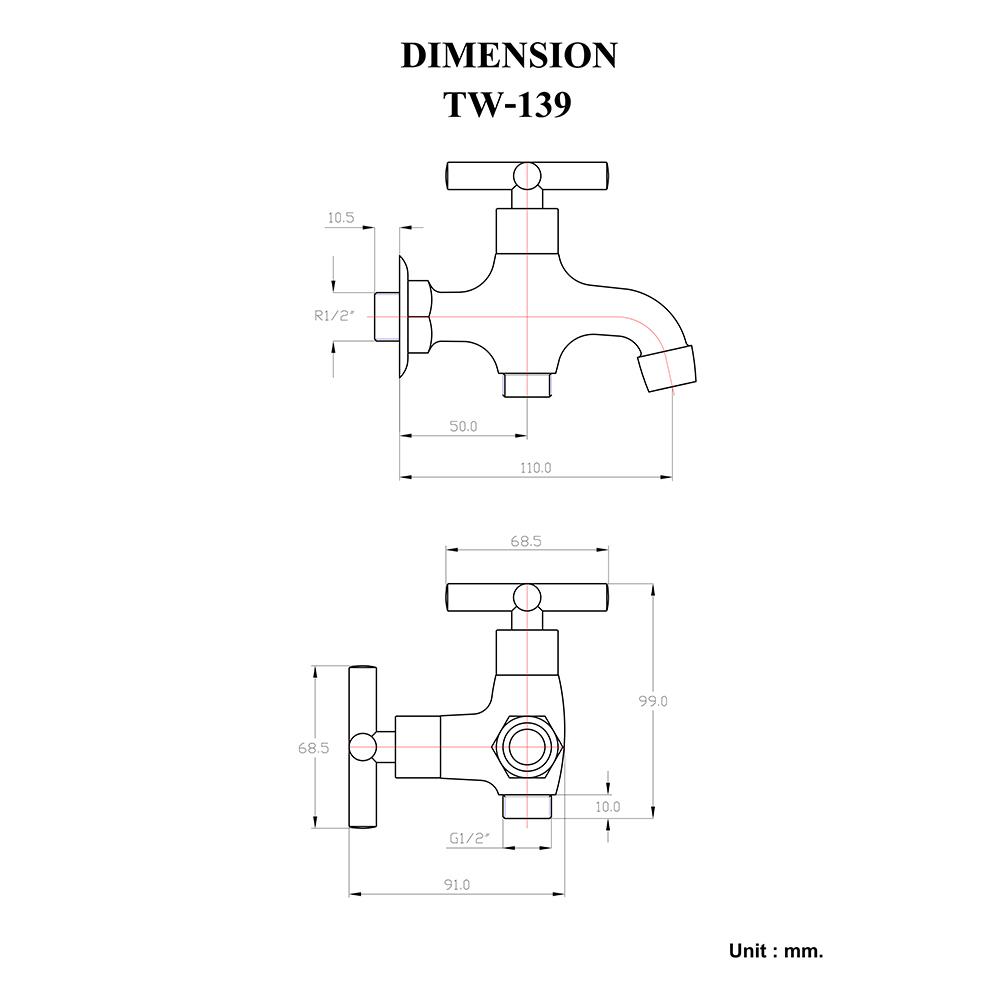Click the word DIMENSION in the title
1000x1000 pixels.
click(x=508, y=55)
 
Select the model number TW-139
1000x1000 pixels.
click(x=508, y=104)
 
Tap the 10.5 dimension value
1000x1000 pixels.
click(x=341, y=217)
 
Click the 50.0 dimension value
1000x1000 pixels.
click(x=463, y=426)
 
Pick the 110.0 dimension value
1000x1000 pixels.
click(x=535, y=467)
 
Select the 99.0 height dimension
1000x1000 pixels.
click(x=653, y=702)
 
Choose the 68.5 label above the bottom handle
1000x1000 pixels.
click(x=526, y=541)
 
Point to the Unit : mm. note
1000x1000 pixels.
click(x=776, y=951)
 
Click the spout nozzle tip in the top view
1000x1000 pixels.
click(x=668, y=367)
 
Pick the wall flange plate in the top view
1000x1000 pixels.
click(x=402, y=315)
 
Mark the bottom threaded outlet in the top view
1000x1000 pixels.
click(x=526, y=383)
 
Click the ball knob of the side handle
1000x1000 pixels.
click(x=364, y=748)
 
